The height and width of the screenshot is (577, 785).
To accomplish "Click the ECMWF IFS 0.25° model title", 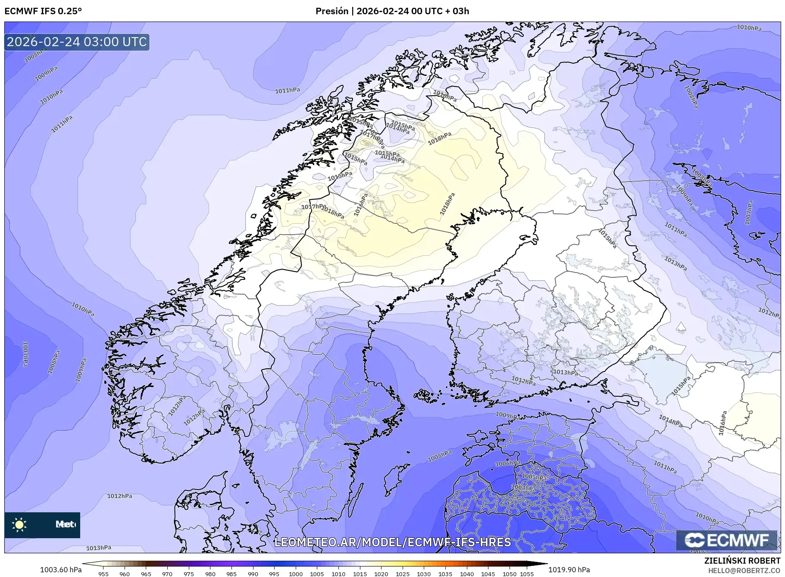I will [43, 11].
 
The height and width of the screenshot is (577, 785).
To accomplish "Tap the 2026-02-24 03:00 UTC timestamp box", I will [77, 42].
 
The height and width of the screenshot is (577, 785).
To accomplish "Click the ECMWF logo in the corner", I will [726, 540].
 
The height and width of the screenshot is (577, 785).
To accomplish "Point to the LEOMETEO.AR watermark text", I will [392, 542].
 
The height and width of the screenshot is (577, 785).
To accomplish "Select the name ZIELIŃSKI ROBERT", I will [742, 561].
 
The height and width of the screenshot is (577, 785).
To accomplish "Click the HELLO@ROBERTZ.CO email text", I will [744, 571].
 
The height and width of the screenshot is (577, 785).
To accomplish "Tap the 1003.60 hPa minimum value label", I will [61, 570].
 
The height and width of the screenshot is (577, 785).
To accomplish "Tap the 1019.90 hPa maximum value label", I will [569, 570].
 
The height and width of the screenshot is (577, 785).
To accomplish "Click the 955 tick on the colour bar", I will [103, 574].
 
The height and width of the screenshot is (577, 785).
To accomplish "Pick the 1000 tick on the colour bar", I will [296, 574].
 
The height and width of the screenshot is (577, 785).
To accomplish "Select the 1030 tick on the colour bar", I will [424, 574].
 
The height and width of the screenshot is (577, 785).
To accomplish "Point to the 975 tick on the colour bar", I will [188, 574].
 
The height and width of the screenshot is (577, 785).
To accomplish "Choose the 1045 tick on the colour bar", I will [488, 574].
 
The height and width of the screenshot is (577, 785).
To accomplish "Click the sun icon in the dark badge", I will [19, 525].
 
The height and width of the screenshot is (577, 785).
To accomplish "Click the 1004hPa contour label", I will [523, 488].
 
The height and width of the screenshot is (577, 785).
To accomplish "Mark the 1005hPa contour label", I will [535, 477].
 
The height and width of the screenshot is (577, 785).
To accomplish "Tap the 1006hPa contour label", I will [507, 464].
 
